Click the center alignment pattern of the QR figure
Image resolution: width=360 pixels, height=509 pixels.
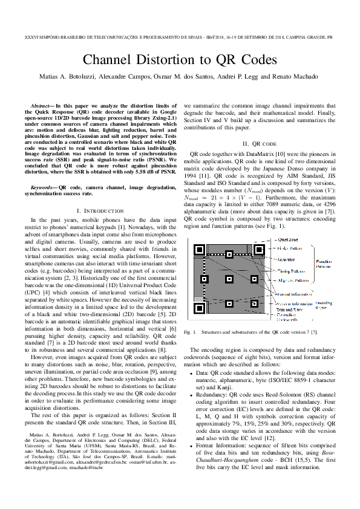(229, 279)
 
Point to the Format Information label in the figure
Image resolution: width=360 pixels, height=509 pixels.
(293, 294)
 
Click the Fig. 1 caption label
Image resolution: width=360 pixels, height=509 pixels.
(191, 332)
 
